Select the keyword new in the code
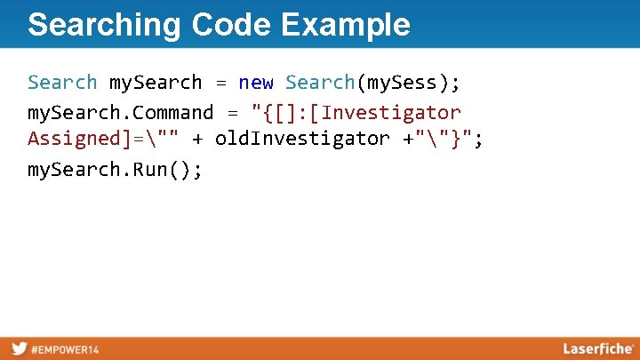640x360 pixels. point(256,83)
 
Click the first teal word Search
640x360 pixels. point(62,83)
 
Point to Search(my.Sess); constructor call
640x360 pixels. point(372,83)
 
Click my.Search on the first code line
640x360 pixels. point(156,83)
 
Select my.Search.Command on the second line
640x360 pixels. point(121,113)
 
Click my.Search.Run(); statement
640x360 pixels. point(116,169)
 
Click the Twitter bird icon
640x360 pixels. point(19,348)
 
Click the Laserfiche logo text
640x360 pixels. point(597,348)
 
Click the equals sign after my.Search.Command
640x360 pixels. point(233,113)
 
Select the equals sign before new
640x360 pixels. point(220,83)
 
